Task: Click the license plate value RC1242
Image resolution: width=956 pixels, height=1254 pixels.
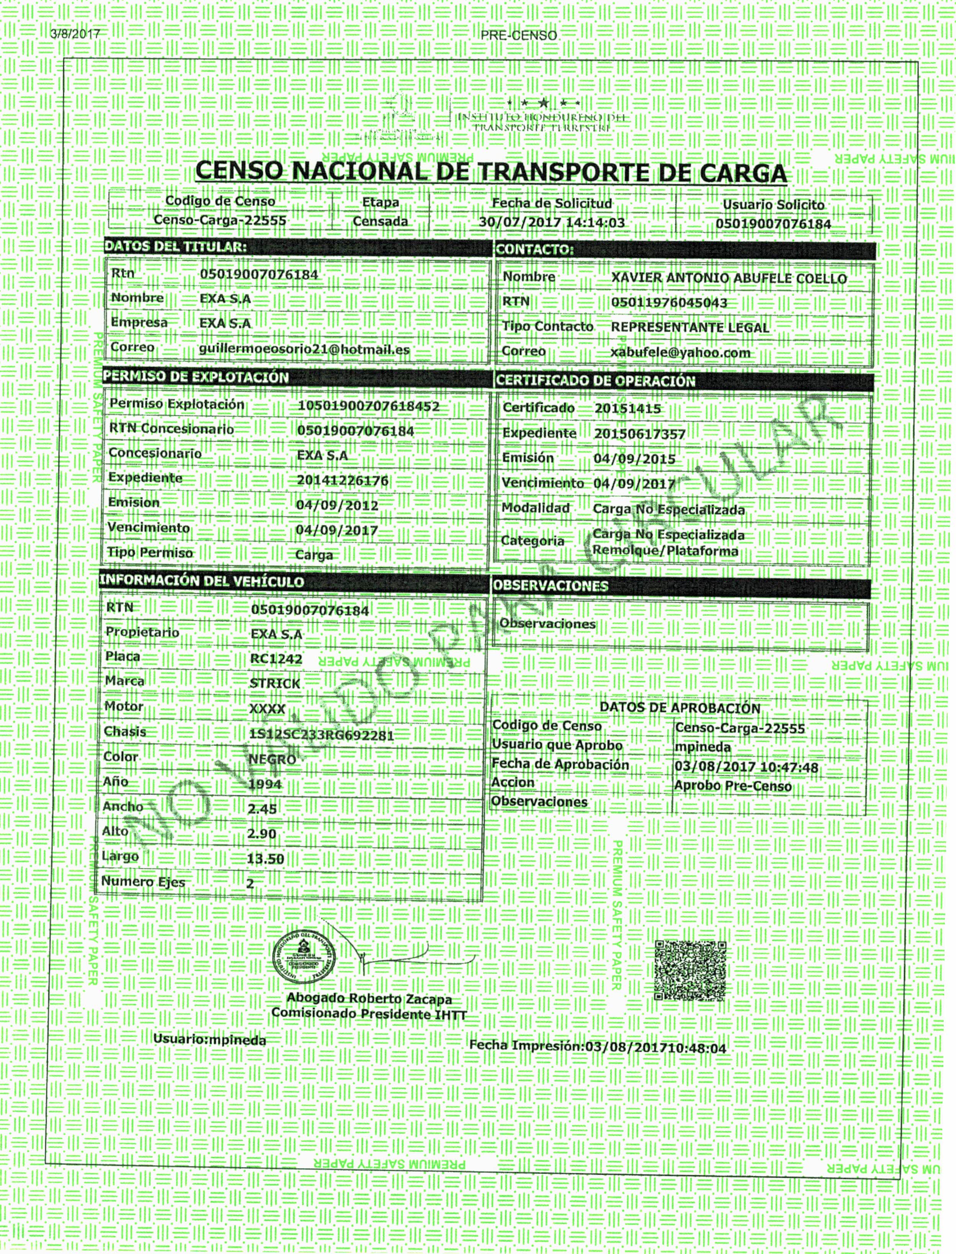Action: click(x=276, y=659)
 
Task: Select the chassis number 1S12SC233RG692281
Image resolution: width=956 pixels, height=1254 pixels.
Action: click(x=322, y=735)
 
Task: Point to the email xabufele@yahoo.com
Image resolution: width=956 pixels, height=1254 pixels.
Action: click(x=680, y=353)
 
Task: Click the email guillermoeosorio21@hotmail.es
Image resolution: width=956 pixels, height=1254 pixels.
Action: click(x=304, y=349)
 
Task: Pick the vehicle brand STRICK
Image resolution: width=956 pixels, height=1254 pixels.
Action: click(x=275, y=683)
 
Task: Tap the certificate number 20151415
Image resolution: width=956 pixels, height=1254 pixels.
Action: click(x=628, y=409)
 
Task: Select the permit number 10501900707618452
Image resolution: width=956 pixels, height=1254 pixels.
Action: click(x=368, y=406)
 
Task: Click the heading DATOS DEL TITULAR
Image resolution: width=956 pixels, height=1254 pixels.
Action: click(x=175, y=247)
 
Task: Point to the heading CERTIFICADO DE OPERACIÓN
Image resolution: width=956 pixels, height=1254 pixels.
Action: click(x=595, y=381)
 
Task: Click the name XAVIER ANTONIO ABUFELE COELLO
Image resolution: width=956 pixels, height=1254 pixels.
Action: click(x=728, y=278)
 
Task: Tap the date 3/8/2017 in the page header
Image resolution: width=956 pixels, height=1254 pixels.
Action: click(x=75, y=34)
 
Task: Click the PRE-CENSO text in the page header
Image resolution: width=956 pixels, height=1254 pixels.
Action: click(x=518, y=35)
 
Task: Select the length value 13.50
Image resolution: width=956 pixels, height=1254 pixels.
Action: click(x=265, y=858)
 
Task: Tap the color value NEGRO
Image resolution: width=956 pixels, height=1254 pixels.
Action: click(x=272, y=760)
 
